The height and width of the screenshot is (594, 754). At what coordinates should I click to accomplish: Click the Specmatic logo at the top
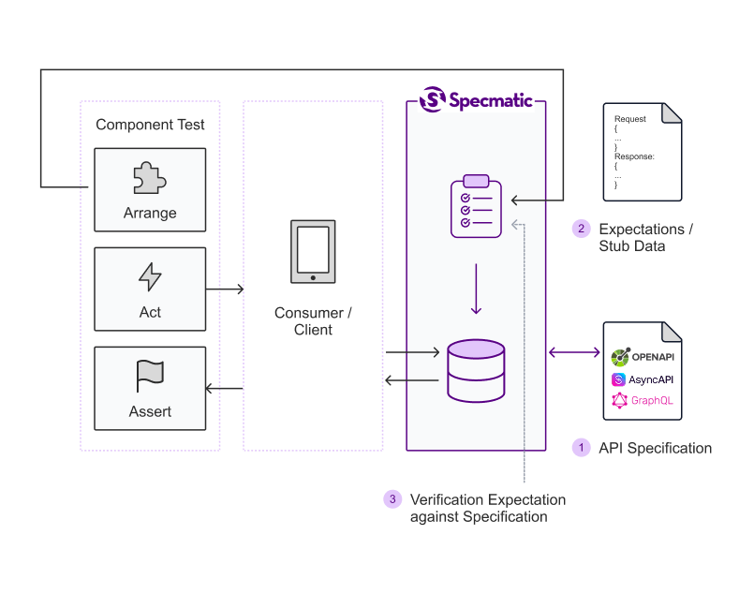[475, 98]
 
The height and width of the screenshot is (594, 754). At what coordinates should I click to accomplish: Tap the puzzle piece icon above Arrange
[150, 177]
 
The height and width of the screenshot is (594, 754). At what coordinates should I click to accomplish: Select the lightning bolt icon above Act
[150, 276]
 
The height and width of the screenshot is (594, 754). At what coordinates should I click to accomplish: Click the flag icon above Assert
[150, 376]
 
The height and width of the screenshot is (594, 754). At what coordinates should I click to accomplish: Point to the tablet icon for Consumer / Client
[313, 252]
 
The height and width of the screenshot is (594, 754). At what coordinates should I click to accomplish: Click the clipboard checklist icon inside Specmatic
[476, 206]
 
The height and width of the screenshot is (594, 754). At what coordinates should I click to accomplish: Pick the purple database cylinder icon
[476, 370]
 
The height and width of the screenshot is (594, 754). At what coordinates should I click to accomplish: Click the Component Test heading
[150, 125]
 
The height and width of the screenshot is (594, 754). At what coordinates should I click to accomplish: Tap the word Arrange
[150, 213]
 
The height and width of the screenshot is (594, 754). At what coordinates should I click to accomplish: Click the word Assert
[150, 411]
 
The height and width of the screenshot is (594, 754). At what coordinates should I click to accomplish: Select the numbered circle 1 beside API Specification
[581, 448]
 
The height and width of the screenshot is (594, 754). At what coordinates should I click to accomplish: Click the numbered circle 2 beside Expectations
[581, 229]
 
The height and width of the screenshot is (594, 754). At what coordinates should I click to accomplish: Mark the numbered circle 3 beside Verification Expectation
[392, 499]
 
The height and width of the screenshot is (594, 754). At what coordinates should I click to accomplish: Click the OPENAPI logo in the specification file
[642, 357]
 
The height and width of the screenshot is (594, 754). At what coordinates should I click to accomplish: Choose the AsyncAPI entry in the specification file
[642, 379]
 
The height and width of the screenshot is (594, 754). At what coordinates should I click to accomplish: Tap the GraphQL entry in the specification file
[642, 401]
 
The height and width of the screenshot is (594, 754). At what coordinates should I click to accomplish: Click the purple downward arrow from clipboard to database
[476, 290]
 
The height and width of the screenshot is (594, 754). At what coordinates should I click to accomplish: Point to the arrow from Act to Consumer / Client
[225, 290]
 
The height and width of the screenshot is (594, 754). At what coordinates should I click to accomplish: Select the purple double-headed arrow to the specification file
[574, 352]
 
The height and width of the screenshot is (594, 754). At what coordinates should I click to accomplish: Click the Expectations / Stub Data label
[646, 237]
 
